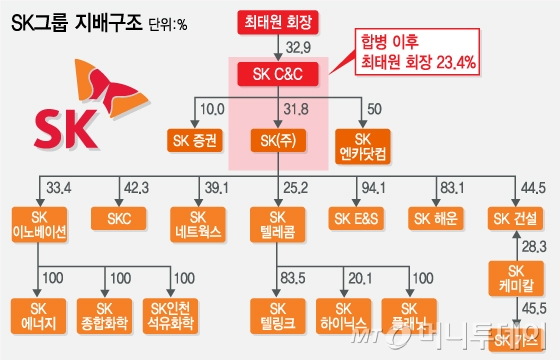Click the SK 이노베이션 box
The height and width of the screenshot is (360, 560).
[x=40, y=224]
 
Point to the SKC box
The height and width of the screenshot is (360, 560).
[x=119, y=217]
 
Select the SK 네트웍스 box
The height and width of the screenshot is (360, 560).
[x=199, y=224]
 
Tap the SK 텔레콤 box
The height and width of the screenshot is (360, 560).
[x=279, y=224]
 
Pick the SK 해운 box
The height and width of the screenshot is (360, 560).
[x=439, y=217]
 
